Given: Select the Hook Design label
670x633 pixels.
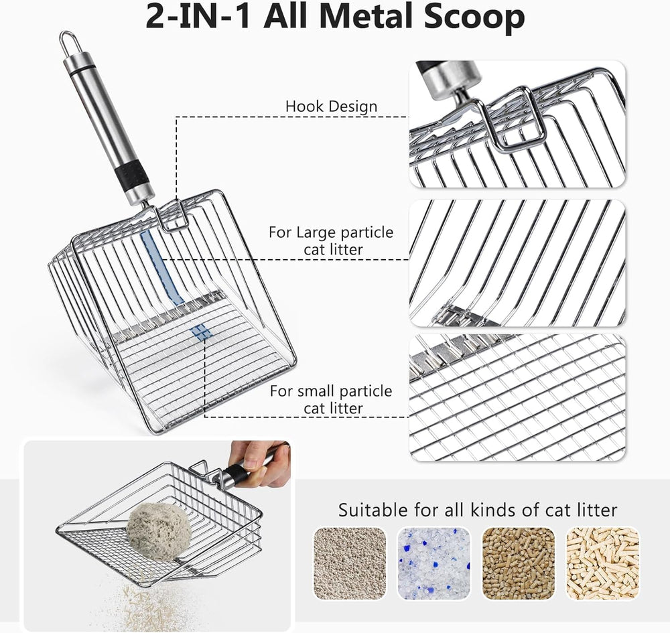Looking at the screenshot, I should pos(331,106).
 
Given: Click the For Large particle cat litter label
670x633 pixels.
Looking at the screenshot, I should pos(331,241).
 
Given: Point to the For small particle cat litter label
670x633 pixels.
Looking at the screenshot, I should pos(331,399).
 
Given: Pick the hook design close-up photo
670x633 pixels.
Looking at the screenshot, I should pos(517,124).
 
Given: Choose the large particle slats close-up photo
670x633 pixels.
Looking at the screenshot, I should pos(517,263).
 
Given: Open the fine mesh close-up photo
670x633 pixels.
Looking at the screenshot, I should pos(517,397).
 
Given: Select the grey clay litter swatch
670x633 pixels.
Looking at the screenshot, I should pos(349,563).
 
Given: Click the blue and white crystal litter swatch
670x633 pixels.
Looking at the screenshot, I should pos(433,563).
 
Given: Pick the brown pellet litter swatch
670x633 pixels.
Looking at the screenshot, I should pos(518,563).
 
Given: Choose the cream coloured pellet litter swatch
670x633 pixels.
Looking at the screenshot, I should pos(602,563).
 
